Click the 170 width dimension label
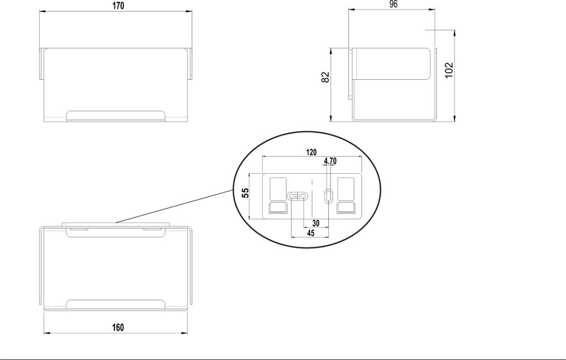(118, 6)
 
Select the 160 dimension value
(118, 328)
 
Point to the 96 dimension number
(393, 5)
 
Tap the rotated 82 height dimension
(325, 77)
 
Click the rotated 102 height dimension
(448, 70)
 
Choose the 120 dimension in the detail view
(311, 152)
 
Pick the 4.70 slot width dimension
(330, 161)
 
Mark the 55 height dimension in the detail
(245, 193)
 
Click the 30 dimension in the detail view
(316, 223)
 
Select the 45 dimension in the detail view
(310, 233)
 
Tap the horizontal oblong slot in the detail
(298, 196)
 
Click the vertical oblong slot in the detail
(328, 195)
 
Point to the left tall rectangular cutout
(278, 189)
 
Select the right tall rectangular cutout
(345, 189)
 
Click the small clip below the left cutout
(278, 209)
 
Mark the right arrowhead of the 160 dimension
(185, 333)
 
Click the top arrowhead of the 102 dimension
(454, 33)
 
